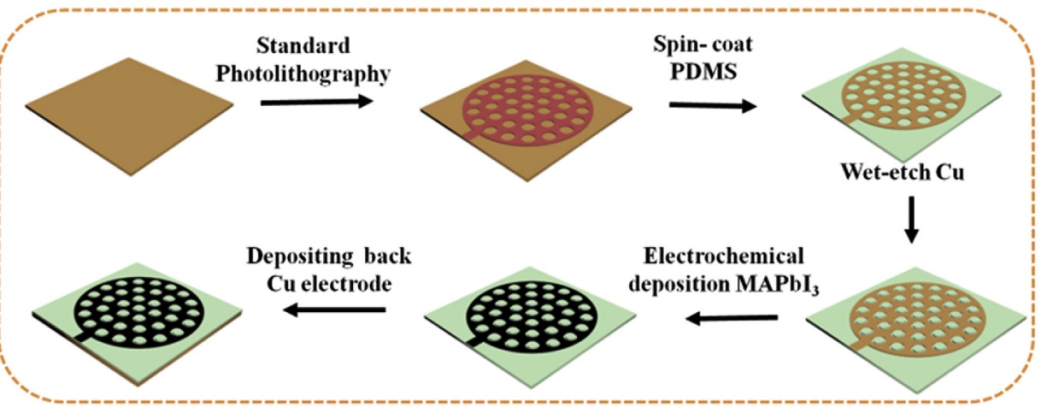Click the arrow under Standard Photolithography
315,103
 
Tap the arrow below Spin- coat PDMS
712,106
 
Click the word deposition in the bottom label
675,284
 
